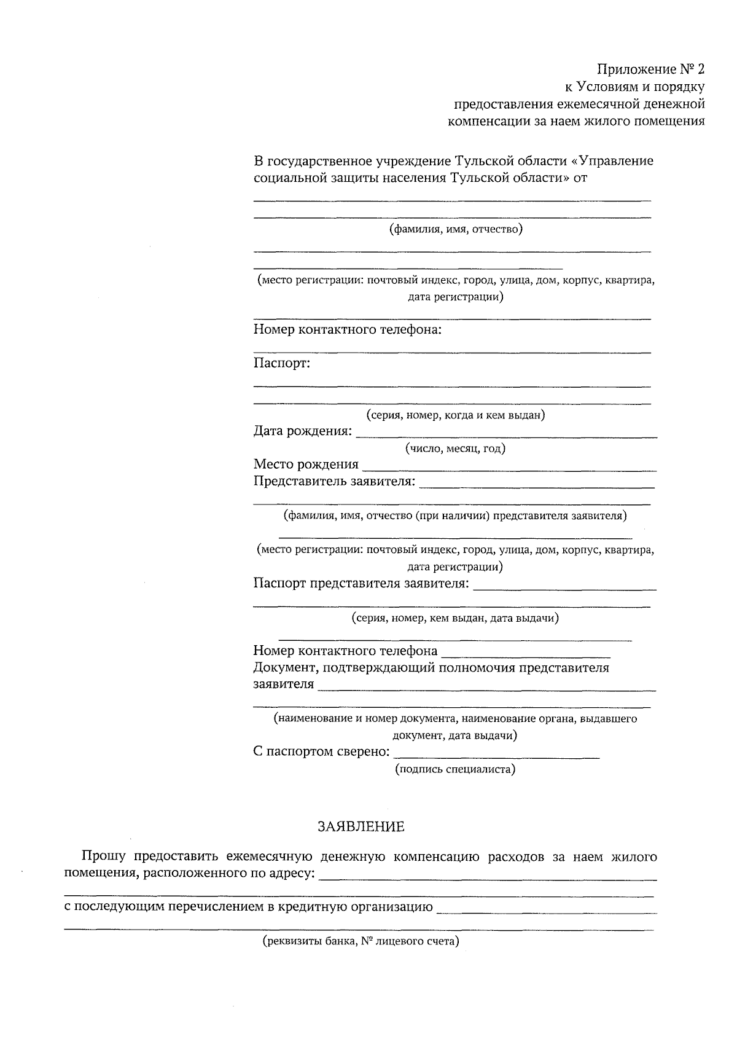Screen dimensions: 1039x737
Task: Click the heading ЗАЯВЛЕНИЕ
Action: point(361,827)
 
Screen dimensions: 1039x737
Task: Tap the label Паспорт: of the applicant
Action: point(282,363)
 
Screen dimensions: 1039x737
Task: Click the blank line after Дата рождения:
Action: point(506,436)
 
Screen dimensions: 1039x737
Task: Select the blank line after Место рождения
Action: point(509,469)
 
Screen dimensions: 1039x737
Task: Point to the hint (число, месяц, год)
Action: point(455,449)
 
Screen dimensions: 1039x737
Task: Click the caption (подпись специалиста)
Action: point(455,769)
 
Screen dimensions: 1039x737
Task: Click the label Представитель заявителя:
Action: point(334,481)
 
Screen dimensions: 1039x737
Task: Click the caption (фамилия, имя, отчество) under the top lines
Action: point(455,229)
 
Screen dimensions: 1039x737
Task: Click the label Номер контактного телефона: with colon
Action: point(348,330)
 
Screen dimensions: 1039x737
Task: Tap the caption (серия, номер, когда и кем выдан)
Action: point(455,415)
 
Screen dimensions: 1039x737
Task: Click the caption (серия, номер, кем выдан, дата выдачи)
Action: point(455,618)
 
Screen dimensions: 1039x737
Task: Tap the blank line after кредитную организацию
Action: point(545,912)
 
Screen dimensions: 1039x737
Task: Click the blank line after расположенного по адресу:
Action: point(488,879)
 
